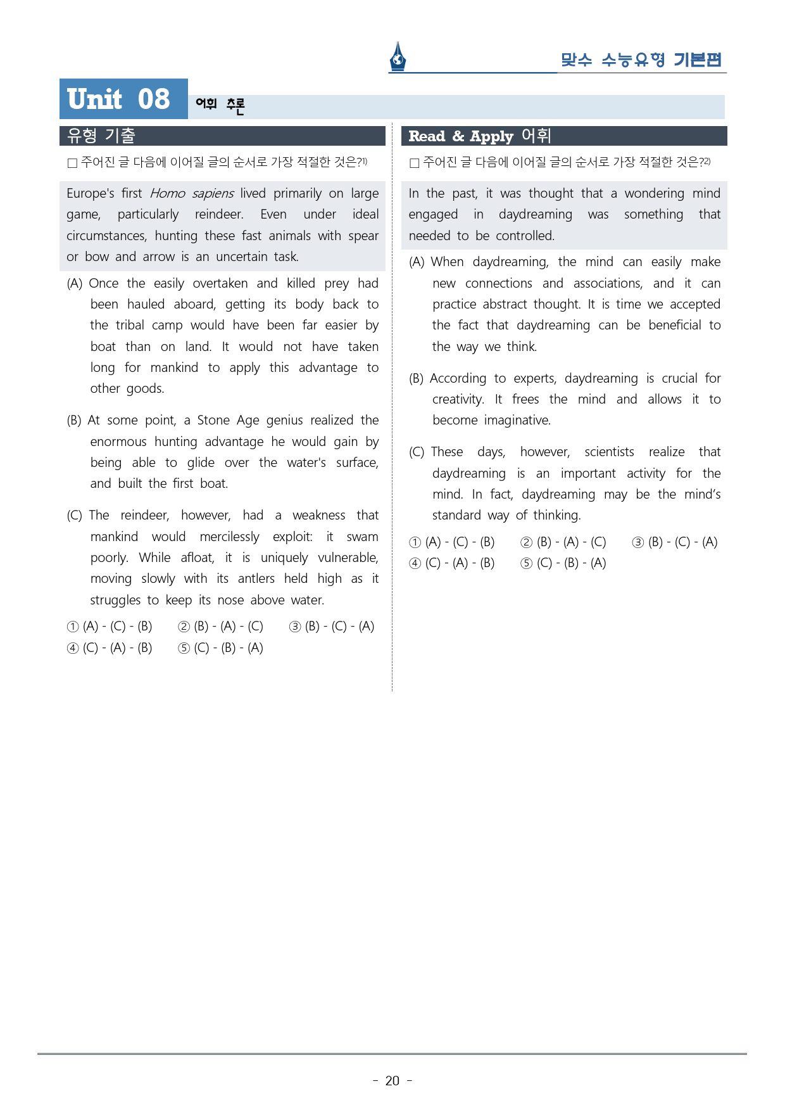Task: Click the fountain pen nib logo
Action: coord(398,57)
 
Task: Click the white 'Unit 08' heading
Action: coord(118,99)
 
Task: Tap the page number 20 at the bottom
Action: coord(392,1081)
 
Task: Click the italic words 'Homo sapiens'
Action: coord(192,193)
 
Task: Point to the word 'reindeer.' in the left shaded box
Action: coord(219,214)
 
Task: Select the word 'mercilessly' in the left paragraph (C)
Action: coord(229,537)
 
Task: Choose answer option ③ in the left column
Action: coord(332,627)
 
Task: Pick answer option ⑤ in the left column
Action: coord(220,648)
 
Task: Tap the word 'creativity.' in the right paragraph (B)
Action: coord(458,399)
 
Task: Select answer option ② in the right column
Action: coord(563,542)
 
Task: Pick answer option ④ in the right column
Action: coord(451,563)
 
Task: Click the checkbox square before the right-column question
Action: coord(415,163)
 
